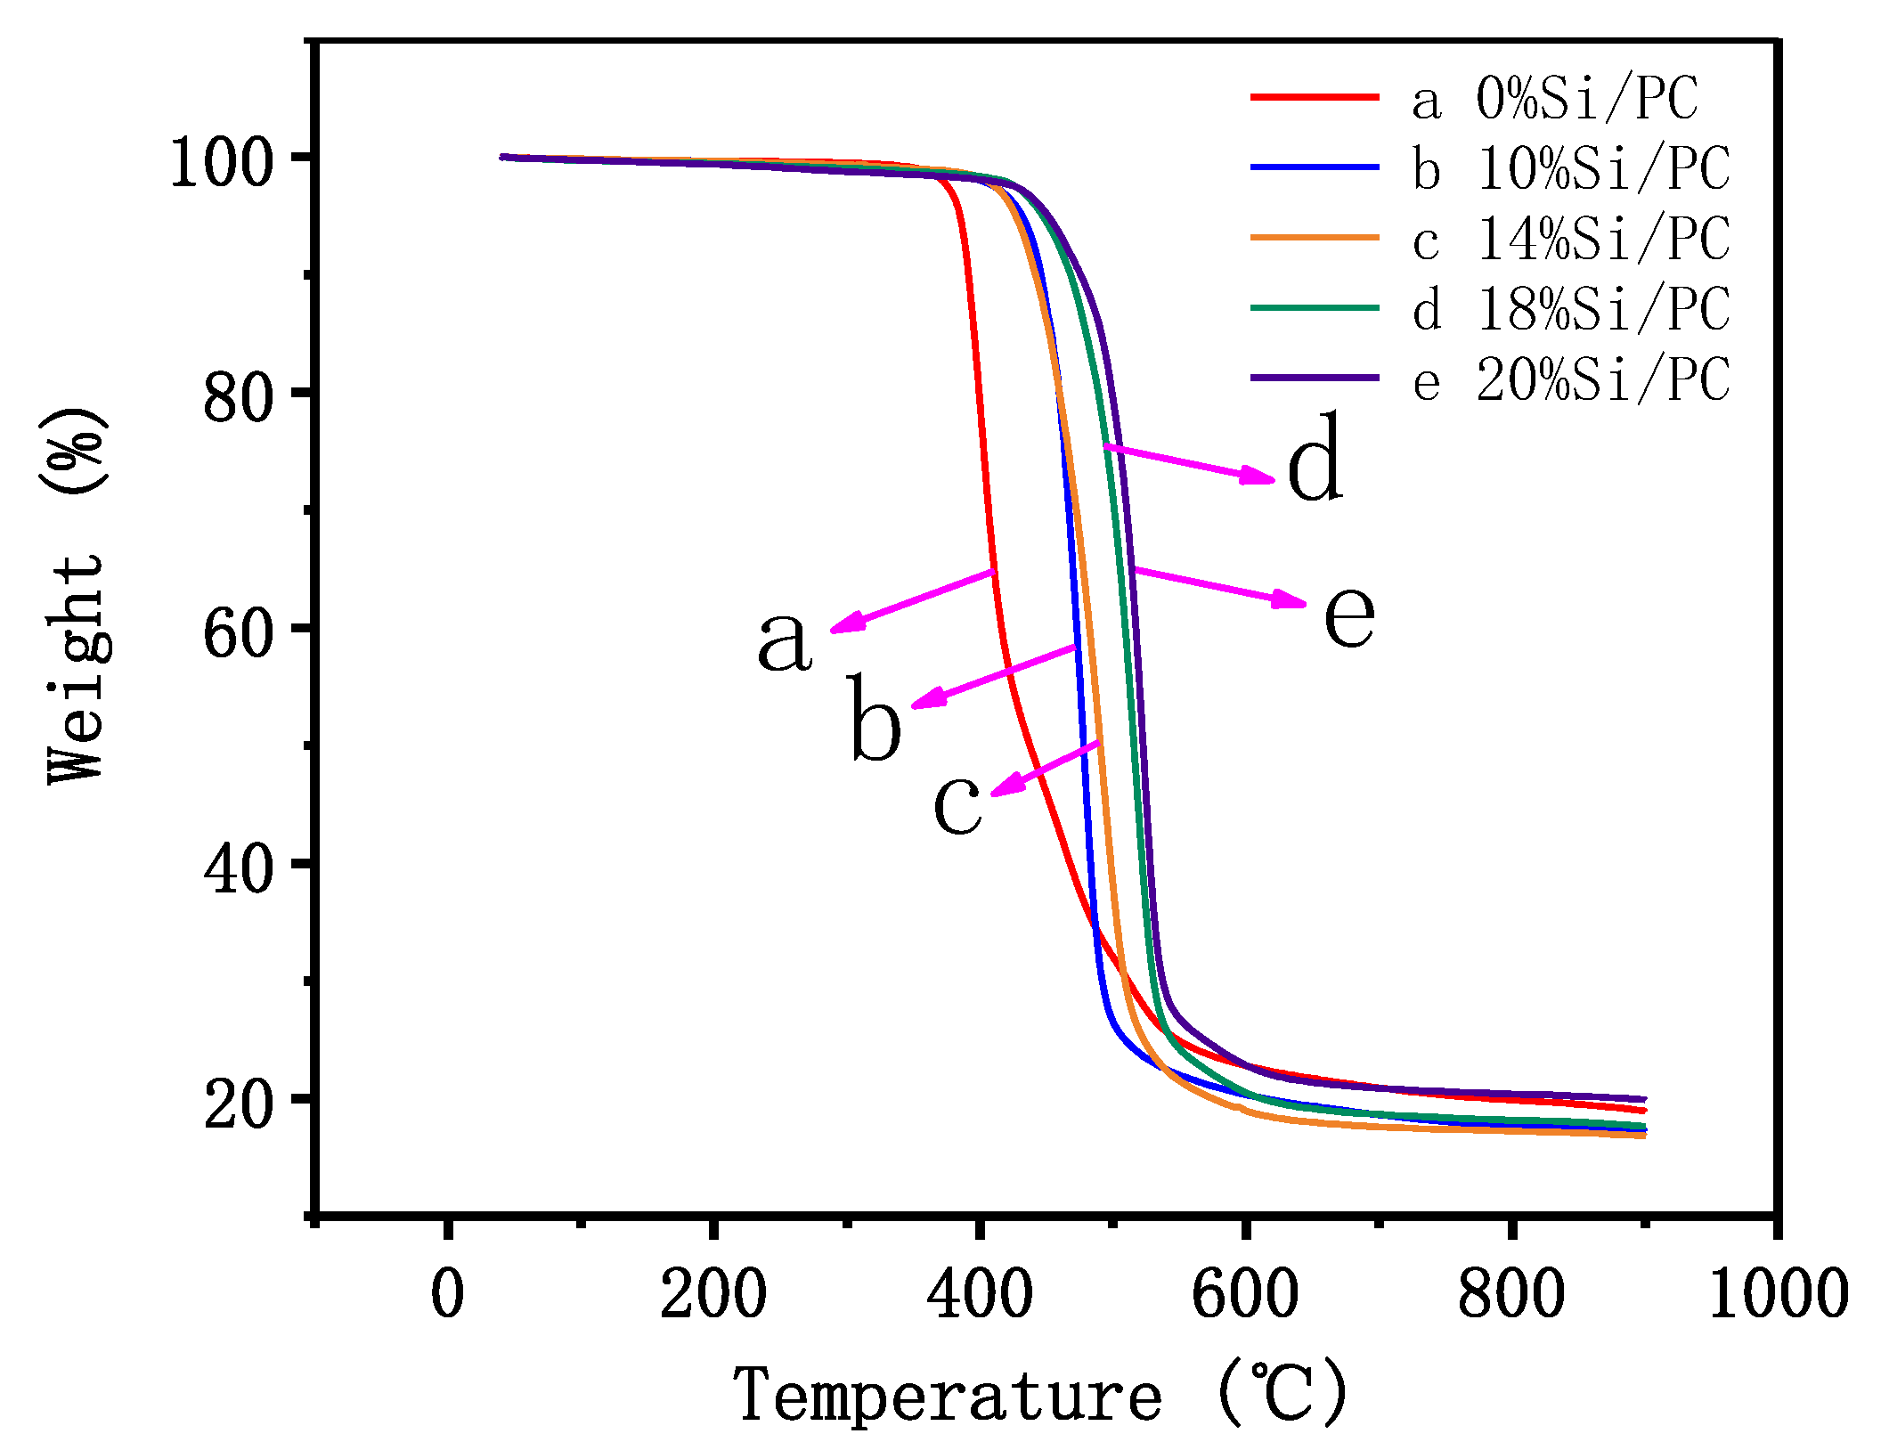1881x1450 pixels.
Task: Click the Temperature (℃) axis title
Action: [1040, 1395]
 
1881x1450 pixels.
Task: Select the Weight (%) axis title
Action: [77, 595]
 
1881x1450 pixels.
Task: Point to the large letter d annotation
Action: [1315, 459]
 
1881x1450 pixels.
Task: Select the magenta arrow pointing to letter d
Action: [1190, 463]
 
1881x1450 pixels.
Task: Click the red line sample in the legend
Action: [1314, 96]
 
